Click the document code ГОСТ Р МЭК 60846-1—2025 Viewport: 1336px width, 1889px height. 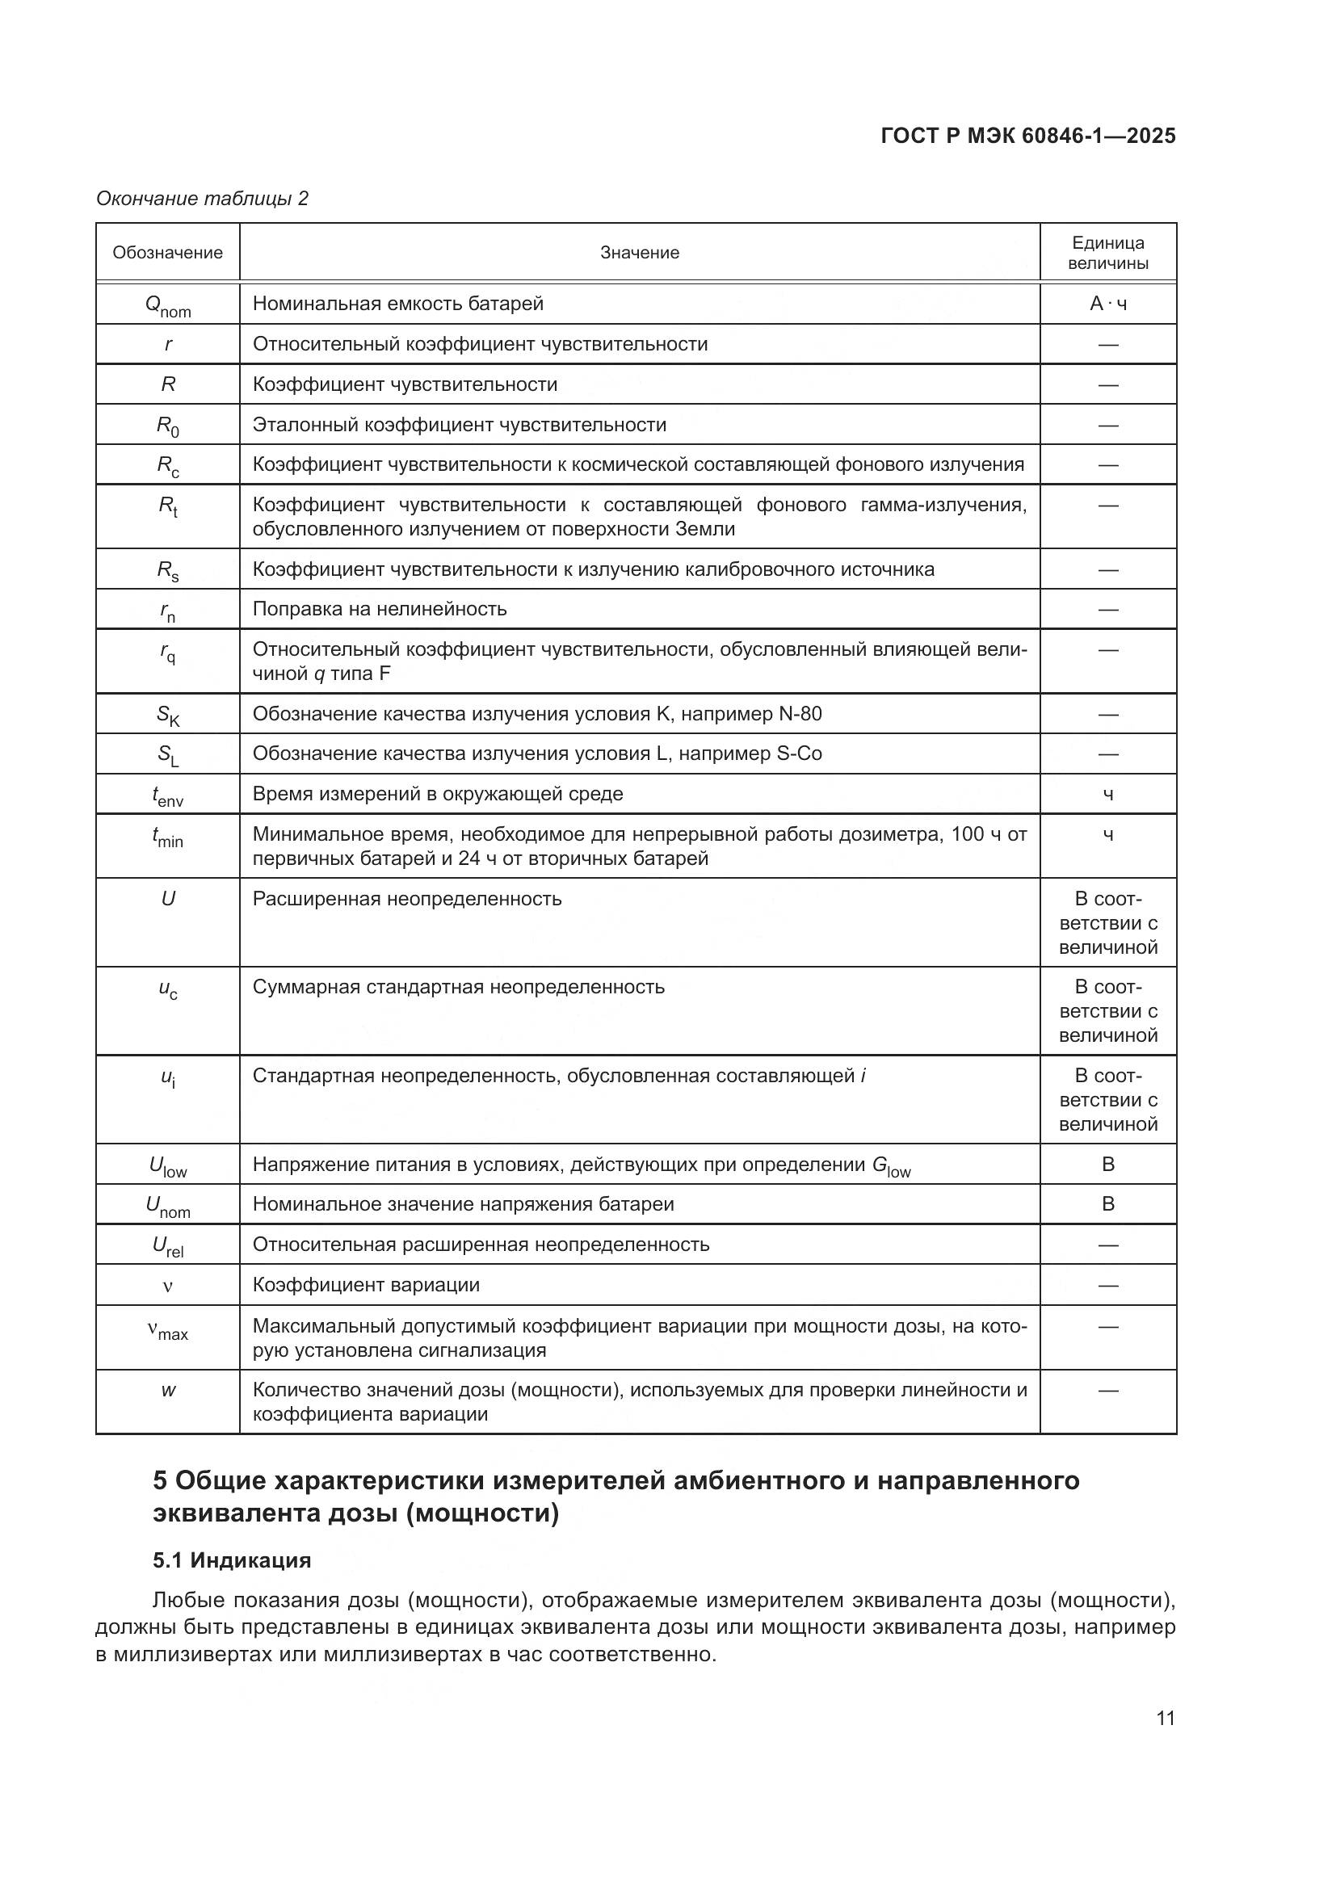click(1027, 136)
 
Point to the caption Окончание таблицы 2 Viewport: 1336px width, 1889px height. click(203, 199)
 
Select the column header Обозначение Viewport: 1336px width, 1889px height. click(168, 253)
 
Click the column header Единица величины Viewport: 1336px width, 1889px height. click(1107, 253)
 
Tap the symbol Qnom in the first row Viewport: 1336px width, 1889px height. click(168, 305)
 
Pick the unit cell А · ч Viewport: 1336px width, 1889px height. click(1107, 304)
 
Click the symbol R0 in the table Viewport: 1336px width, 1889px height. click(168, 426)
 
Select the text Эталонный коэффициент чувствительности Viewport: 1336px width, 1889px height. click(459, 425)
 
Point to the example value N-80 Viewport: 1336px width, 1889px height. click(800, 713)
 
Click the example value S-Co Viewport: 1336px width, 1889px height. click(799, 754)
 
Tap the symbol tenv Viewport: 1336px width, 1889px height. click(168, 795)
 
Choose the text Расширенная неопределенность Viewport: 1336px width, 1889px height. click(406, 898)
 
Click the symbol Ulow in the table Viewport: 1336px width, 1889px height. click(168, 1166)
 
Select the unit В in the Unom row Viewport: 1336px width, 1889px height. click(1107, 1203)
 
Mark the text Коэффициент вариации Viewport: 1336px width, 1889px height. click(366, 1284)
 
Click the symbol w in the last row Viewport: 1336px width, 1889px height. click(168, 1391)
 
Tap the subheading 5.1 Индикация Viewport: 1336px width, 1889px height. click(232, 1560)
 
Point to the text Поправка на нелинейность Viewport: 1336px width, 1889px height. click(380, 609)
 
